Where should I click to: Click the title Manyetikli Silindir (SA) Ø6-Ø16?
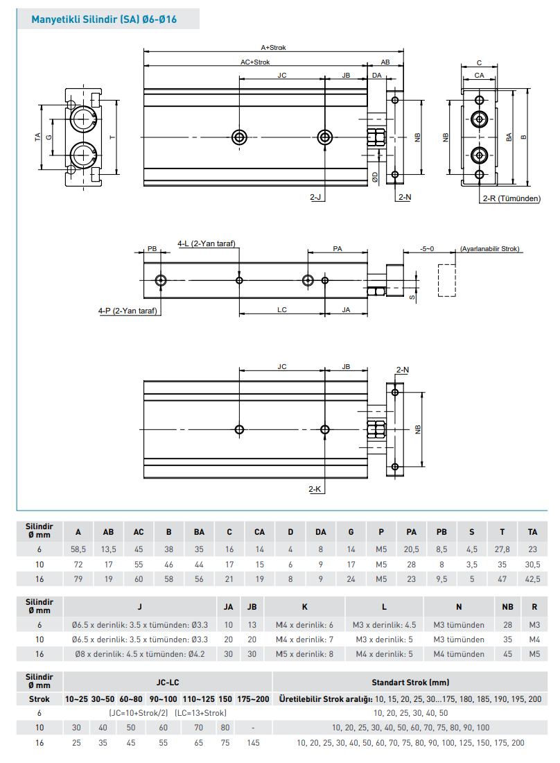point(104,19)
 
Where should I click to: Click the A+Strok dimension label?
point(273,48)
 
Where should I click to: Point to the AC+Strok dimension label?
point(255,62)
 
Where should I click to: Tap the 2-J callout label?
point(316,198)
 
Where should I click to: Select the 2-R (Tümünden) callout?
point(511,198)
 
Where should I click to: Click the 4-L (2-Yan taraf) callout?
point(207,243)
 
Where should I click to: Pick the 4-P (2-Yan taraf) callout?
point(128,311)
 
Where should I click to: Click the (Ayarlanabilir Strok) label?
point(489,248)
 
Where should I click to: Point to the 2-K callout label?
point(315,490)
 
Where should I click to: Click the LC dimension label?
point(282,310)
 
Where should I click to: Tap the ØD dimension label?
point(375,177)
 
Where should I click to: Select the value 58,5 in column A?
point(78,549)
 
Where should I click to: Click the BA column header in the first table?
point(199,532)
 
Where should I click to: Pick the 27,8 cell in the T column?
point(502,549)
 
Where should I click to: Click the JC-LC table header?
point(168,683)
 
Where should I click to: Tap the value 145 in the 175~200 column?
point(253,742)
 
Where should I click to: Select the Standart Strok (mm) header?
point(410,683)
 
